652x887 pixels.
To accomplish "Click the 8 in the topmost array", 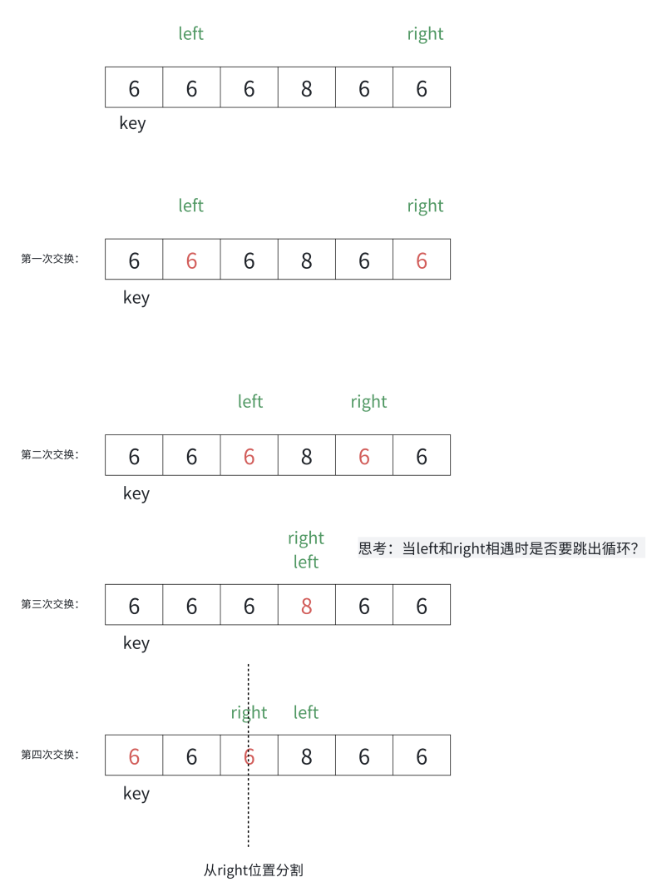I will coord(306,87).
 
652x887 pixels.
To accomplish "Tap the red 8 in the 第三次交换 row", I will coord(306,605).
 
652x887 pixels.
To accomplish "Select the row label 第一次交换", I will coord(50,259).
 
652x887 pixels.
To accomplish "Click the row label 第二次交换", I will coord(50,454).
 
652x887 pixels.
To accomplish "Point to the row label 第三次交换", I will coord(50,604).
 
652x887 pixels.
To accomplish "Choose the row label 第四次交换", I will coord(50,755).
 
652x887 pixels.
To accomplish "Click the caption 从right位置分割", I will coord(253,870).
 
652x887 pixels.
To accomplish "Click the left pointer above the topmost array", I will coord(190,33).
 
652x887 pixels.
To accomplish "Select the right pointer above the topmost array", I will coord(425,33).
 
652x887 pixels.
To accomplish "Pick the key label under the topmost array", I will coord(132,123).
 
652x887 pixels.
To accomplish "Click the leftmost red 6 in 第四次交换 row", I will coord(134,756).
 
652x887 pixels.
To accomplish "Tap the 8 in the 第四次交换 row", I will coord(306,756).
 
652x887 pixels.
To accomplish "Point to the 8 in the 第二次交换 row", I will coord(306,456).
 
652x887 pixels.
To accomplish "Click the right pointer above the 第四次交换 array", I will coord(249,712).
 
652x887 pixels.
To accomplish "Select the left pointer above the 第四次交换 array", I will coord(306,712).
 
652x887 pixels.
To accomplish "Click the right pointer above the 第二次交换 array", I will coord(368,402).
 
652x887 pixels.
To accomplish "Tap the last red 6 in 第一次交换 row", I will coord(422,260).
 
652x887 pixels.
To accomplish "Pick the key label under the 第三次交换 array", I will coord(136,642).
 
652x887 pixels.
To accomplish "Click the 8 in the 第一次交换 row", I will coord(306,260).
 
